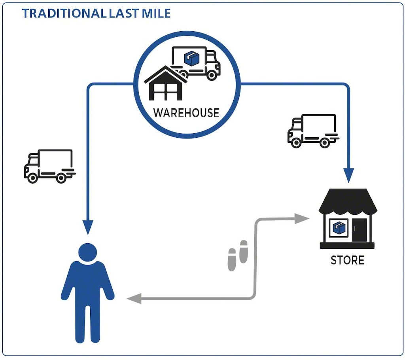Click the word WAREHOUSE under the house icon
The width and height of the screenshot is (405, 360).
point(186,113)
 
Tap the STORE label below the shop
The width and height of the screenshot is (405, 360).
point(347,260)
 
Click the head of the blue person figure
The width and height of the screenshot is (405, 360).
point(87,252)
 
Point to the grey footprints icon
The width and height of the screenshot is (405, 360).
point(238,256)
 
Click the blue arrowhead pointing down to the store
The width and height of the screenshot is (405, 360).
point(348,175)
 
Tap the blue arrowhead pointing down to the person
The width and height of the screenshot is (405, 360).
point(88,227)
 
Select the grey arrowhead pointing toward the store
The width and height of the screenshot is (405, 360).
point(302,218)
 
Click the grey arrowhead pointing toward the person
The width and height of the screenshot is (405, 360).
point(134,299)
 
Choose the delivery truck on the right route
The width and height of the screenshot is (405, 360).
point(313,131)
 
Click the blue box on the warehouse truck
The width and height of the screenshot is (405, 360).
point(192,59)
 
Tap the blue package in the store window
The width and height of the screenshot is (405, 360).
point(338,228)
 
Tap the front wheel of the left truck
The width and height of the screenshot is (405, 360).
point(33,178)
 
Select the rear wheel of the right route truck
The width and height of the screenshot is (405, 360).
point(325,143)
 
